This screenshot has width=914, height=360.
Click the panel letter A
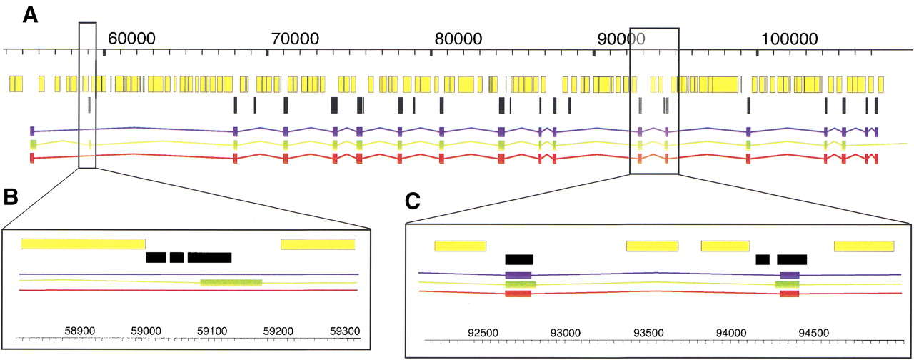pyautogui.click(x=30, y=16)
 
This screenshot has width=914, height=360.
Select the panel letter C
pyautogui.click(x=414, y=201)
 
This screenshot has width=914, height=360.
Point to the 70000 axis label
pyautogui.click(x=298, y=37)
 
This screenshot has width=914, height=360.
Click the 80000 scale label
pyautogui.click(x=460, y=37)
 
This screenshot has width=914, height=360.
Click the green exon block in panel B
pyautogui.click(x=231, y=283)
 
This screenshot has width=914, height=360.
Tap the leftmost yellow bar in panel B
pyautogui.click(x=83, y=244)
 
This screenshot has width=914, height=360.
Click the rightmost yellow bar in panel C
pyautogui.click(x=864, y=246)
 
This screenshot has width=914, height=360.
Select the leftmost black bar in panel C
pyautogui.click(x=519, y=259)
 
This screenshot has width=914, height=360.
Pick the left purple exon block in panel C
pyautogui.click(x=518, y=275)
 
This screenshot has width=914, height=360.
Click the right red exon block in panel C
pyautogui.click(x=789, y=293)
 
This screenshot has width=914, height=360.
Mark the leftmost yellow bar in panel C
pyautogui.click(x=460, y=246)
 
